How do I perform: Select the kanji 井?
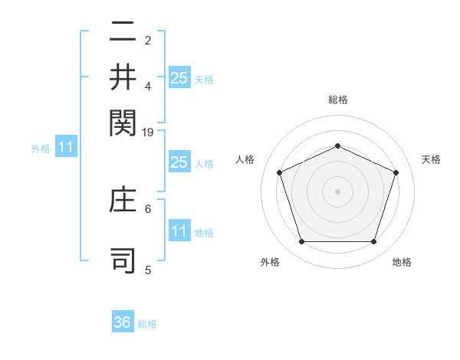point(123,77)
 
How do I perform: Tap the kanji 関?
point(123,121)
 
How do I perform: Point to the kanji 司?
point(123,260)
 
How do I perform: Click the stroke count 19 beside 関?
point(148,133)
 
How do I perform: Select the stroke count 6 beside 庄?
point(148,208)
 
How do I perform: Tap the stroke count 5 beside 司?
point(148,270)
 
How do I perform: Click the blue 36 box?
point(123,322)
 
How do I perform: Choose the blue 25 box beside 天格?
point(179,77)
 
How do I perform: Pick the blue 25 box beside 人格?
point(179,162)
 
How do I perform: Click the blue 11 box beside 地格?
point(179,231)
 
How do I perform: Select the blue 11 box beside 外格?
point(65,148)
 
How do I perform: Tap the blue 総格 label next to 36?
point(147,324)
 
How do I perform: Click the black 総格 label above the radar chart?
point(337,100)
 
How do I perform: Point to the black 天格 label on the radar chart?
point(431,159)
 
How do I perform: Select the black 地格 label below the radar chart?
point(402,262)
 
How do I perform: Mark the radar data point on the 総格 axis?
point(337,146)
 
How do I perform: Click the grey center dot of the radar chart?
point(337,191)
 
